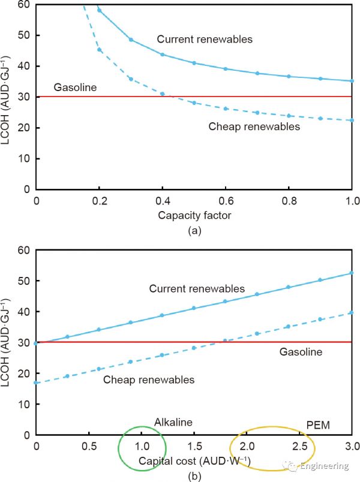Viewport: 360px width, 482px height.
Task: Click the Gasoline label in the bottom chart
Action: coord(301,352)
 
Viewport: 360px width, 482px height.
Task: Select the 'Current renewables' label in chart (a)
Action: coord(205,40)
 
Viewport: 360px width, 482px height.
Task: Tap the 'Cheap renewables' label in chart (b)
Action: coord(149,379)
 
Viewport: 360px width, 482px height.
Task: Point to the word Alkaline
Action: coord(173,422)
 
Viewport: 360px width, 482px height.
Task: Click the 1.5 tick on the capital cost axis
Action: coord(194,447)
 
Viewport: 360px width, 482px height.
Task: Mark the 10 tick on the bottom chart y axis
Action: coord(23,404)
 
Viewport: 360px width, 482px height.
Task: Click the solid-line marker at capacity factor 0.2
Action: coord(100,10)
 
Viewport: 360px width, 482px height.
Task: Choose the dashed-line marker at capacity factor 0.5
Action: coord(194,103)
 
